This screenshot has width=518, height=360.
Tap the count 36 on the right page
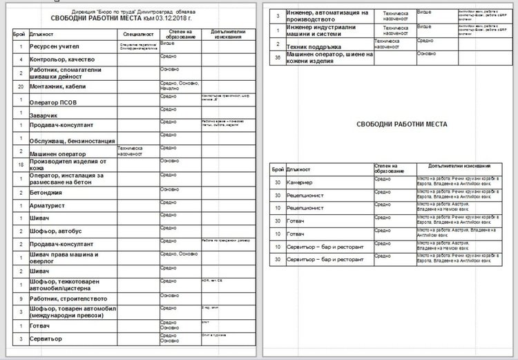[x=277, y=57]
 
